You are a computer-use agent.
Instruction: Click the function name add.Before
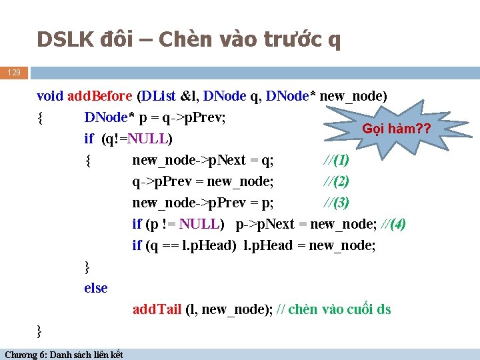[99, 96]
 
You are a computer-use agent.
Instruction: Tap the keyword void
[50, 96]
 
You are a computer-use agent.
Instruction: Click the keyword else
[95, 288]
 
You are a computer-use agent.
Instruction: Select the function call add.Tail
[157, 309]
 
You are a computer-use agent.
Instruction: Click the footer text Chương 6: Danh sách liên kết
[63, 354]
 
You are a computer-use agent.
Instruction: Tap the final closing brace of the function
[40, 330]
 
